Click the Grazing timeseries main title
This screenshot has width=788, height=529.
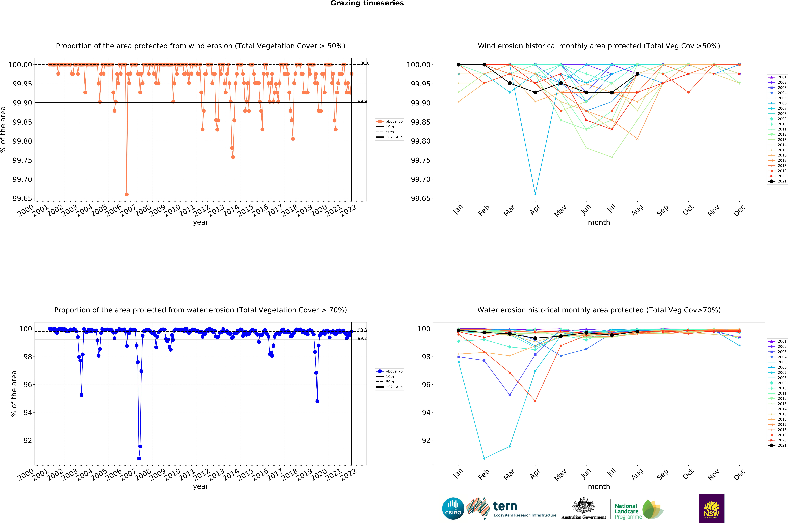(x=367, y=3)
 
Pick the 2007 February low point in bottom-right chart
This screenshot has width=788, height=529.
(x=484, y=458)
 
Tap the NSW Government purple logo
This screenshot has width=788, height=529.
(x=711, y=508)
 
